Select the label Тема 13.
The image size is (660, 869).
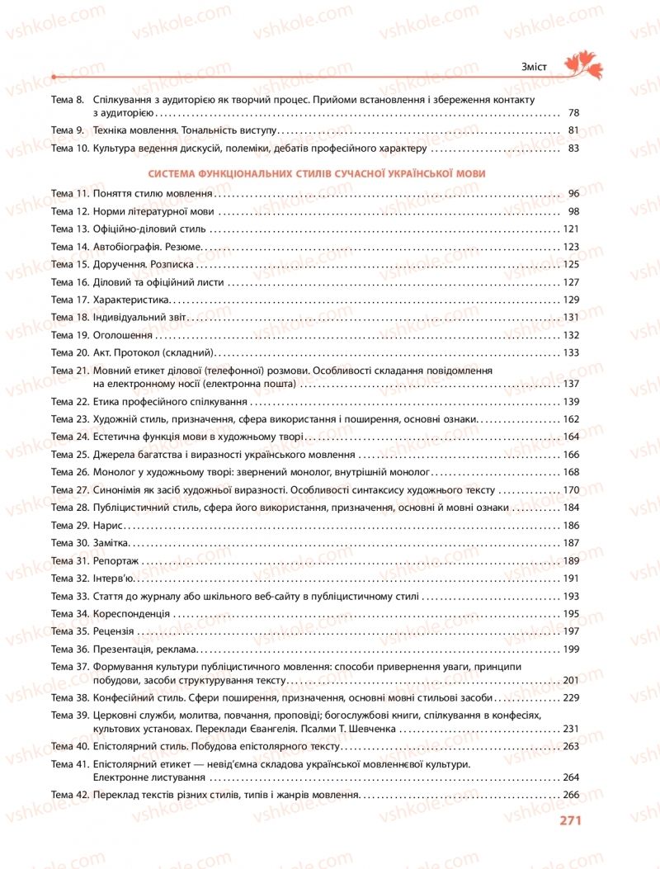tap(69, 229)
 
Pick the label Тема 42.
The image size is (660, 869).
tap(69, 795)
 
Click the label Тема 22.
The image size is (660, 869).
tap(69, 401)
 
